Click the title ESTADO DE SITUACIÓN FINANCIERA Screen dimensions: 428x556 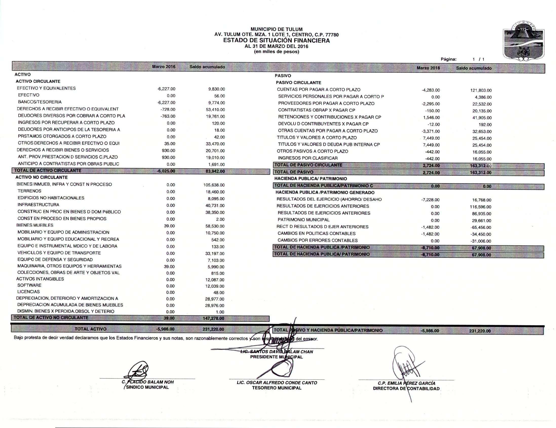click(276, 41)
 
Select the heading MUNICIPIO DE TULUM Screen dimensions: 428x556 click(276, 29)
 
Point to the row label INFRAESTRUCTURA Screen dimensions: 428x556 click(38, 205)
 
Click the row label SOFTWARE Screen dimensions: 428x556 click(29, 285)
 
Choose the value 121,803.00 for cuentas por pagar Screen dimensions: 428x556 click(481, 90)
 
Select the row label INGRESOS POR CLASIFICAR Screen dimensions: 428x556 click(308, 158)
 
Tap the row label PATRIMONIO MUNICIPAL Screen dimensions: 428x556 click(303, 220)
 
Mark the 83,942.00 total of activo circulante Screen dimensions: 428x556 click(215, 171)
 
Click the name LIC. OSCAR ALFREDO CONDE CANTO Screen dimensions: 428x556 click(277, 383)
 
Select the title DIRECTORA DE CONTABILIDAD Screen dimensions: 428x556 click(406, 388)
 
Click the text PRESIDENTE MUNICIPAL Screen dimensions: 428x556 click(276, 357)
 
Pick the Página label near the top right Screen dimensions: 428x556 click(449, 59)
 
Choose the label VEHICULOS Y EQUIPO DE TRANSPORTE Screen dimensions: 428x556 click(59, 253)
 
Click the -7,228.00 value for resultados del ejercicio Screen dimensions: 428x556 click(430, 200)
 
